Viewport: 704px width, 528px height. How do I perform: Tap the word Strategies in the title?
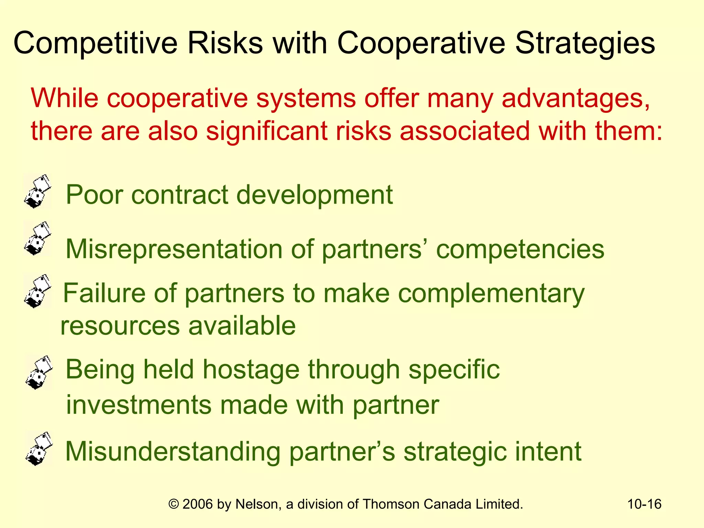pos(585,43)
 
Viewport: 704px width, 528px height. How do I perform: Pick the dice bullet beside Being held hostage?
pos(39,373)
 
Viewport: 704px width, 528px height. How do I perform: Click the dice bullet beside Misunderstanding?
pos(39,449)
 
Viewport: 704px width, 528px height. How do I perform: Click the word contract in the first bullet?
pos(180,195)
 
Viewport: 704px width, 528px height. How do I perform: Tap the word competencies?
pos(520,249)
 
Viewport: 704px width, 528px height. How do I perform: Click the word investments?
pos(139,405)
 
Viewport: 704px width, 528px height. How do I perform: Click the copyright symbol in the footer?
pos(174,504)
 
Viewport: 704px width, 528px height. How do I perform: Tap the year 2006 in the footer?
pos(198,504)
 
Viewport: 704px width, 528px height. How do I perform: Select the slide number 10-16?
pos(644,504)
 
